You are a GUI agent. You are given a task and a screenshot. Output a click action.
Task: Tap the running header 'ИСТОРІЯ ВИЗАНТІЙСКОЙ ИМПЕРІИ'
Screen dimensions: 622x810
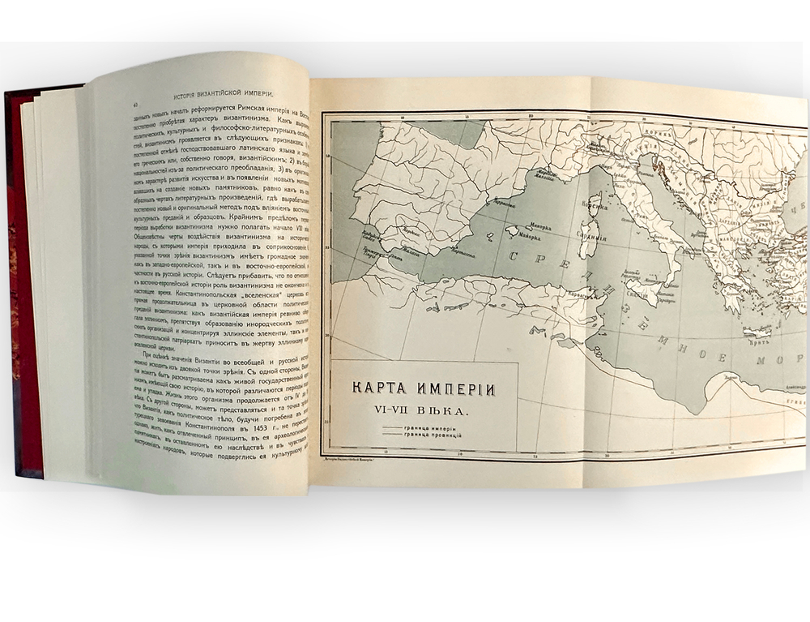tap(220, 90)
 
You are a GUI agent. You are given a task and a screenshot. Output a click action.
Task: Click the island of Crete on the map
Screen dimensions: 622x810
tap(757, 332)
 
